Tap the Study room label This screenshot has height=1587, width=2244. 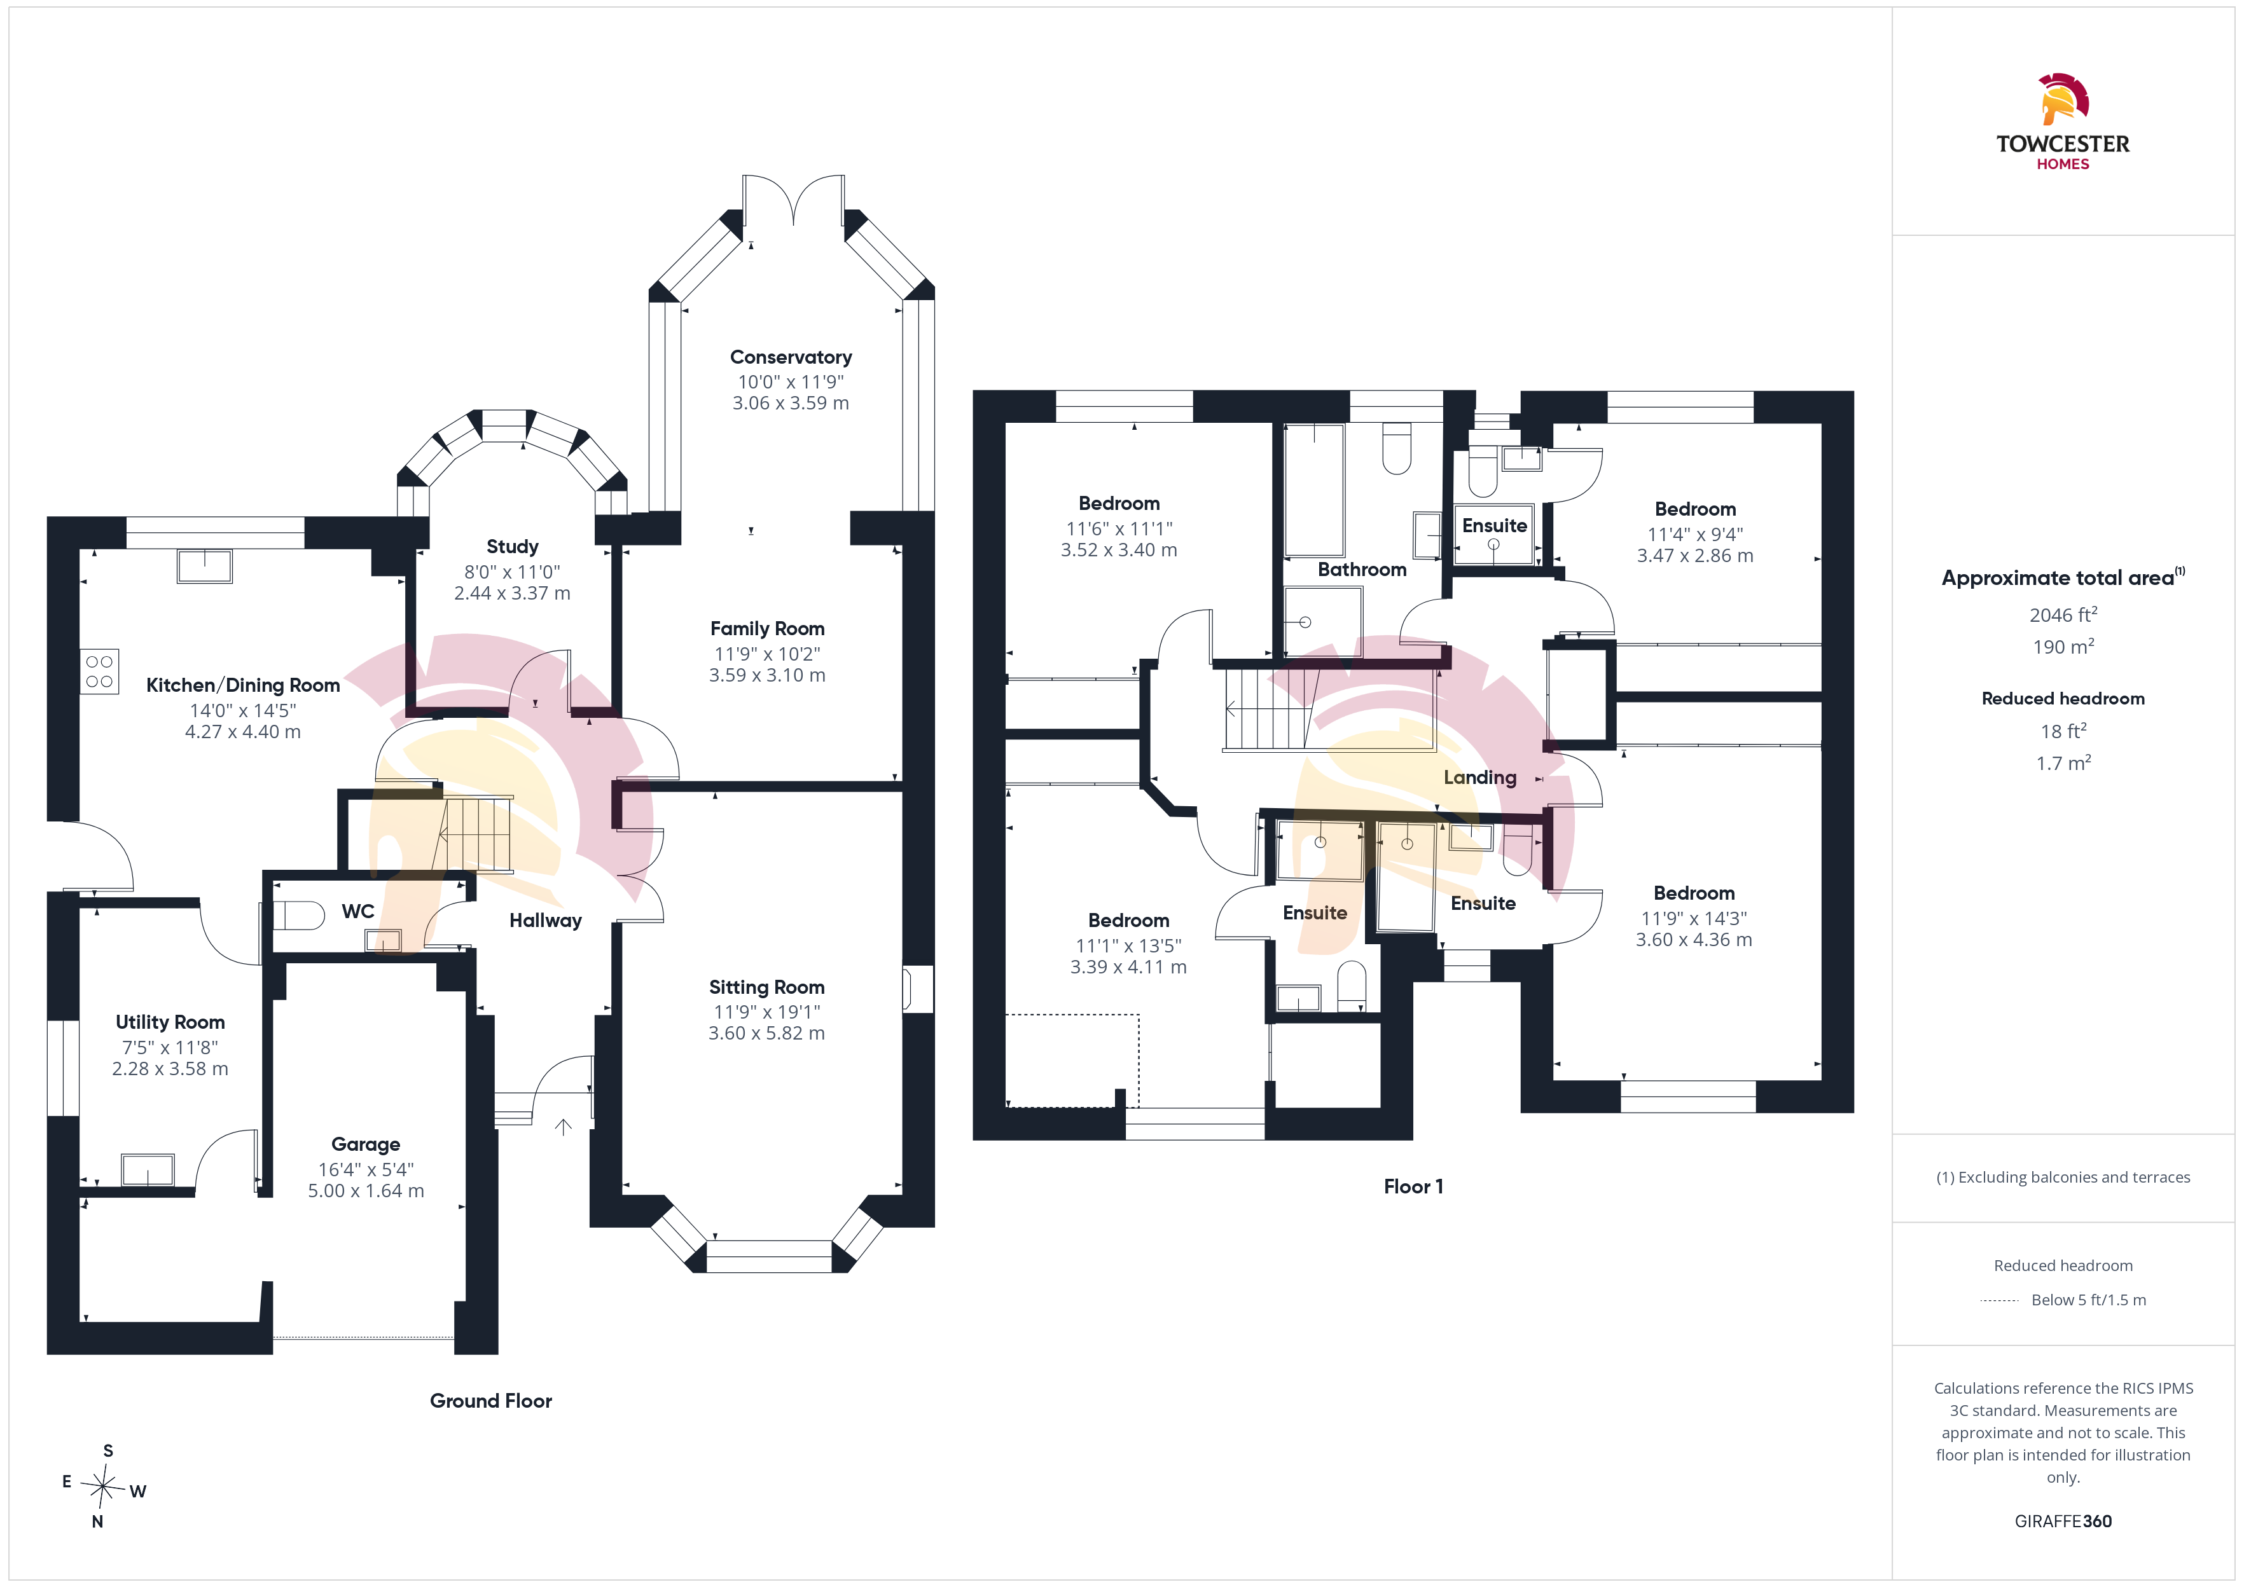(512, 546)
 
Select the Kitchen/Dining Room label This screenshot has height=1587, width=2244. (242, 685)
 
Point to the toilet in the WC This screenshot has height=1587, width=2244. (298, 916)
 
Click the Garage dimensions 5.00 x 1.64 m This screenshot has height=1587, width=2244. (366, 1190)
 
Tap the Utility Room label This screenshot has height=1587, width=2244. (170, 1022)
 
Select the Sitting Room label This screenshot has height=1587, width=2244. (766, 987)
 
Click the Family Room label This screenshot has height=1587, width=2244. (767, 628)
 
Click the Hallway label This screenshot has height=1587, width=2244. (545, 921)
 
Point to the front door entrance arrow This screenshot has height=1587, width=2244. (563, 1127)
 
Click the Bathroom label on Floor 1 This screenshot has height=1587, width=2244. (1361, 570)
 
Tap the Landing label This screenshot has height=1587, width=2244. (1479, 778)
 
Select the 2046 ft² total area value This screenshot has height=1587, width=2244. (2063, 615)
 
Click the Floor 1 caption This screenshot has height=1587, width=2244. (1413, 1186)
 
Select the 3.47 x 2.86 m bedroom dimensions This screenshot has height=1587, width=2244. (1694, 555)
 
